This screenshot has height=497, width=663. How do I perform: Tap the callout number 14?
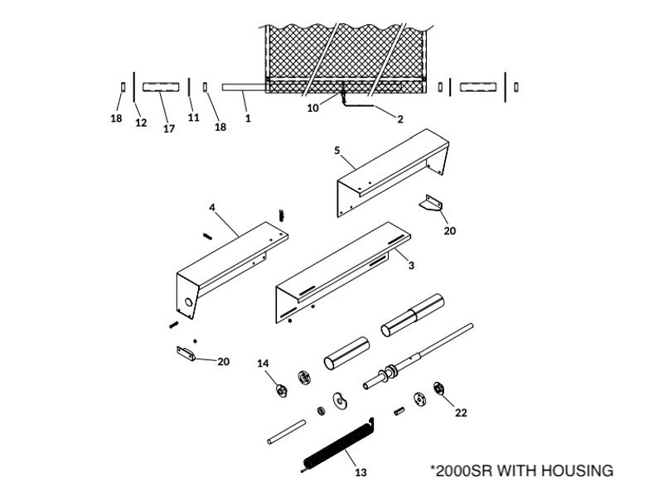click(263, 364)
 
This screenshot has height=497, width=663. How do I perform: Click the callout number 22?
click(461, 413)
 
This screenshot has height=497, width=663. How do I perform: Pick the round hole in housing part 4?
click(191, 303)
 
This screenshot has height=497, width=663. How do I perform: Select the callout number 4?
click(211, 207)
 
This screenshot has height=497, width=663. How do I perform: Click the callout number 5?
click(336, 151)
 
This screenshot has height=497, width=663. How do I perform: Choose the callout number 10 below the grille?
click(312, 108)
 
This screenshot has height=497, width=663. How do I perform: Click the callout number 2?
click(399, 119)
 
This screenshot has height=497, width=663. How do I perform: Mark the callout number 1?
click(247, 118)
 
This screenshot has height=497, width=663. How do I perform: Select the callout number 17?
click(169, 128)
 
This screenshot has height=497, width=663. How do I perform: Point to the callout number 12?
click(141, 123)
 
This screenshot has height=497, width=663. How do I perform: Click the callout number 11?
click(193, 118)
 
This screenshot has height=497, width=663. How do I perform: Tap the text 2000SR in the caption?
click(464, 471)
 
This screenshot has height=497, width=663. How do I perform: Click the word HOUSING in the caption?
click(577, 471)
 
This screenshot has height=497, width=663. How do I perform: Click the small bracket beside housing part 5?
click(431, 204)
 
